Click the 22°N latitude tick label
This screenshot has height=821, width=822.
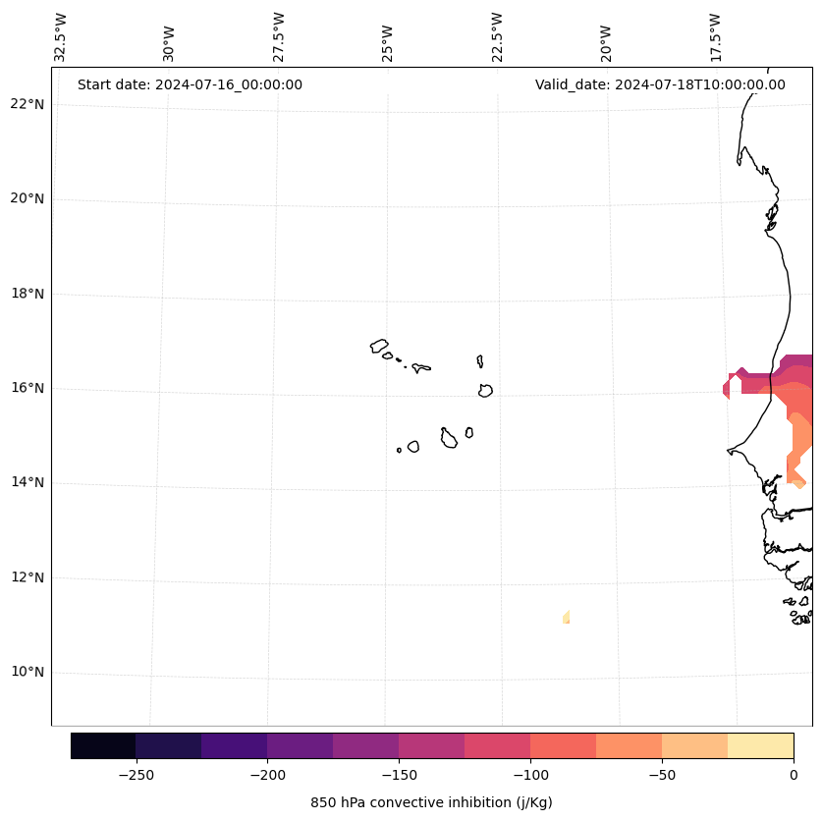point(27,104)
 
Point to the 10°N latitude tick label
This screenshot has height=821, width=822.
point(27,673)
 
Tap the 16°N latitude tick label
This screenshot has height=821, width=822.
point(27,388)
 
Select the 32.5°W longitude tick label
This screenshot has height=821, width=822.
point(61,37)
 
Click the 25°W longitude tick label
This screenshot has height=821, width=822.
point(388,41)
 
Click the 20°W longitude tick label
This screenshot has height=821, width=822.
point(606,41)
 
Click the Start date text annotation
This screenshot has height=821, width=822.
point(190,84)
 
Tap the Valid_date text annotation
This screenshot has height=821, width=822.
point(660,84)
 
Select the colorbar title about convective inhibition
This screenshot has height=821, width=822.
point(431,802)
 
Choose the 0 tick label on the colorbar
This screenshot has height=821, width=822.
point(793,775)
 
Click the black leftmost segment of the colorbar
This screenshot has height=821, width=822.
point(103,745)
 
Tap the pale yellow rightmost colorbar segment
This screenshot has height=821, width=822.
point(760,745)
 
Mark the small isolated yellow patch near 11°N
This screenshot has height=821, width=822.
point(567,617)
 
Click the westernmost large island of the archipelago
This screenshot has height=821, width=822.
point(379,346)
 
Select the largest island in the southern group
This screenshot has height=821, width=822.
point(449,439)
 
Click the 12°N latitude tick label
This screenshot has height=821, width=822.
point(27,577)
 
